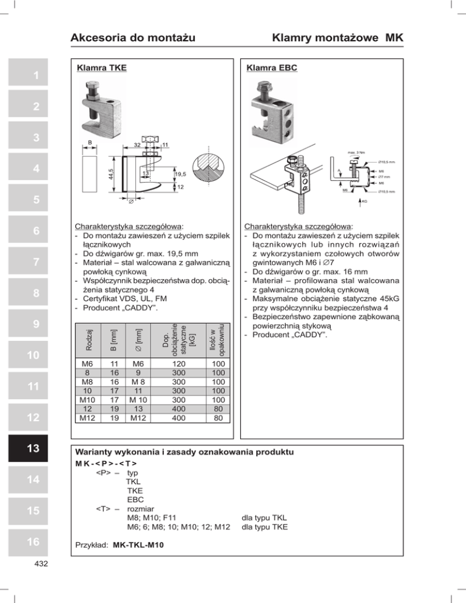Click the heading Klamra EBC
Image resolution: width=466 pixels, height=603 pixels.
tap(272, 68)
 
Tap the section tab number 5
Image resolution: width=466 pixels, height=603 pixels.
tap(36, 198)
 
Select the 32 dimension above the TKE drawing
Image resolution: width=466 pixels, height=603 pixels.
tap(138, 145)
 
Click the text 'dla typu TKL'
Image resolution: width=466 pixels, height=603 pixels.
tap(264, 517)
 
